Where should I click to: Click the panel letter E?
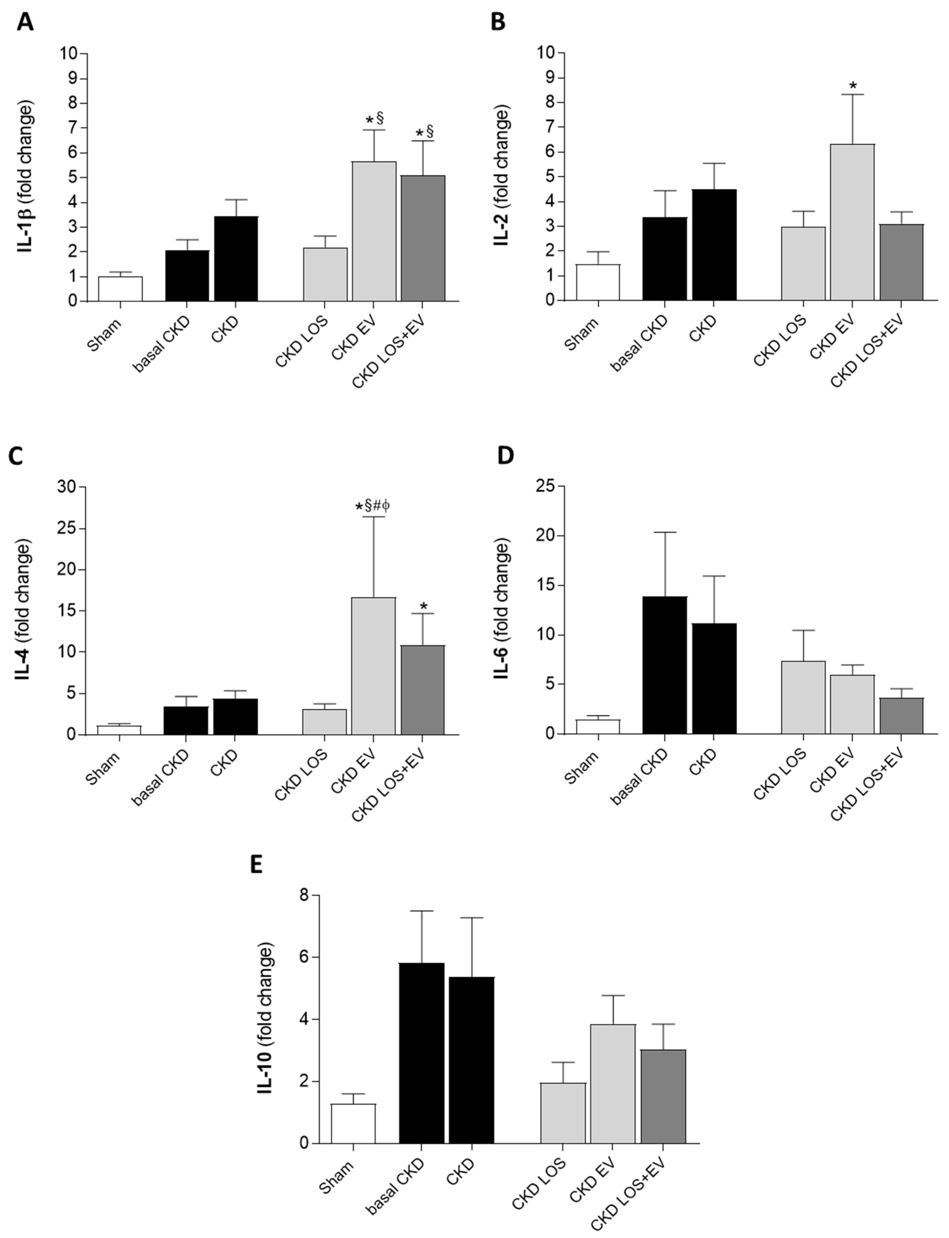click(256, 865)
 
